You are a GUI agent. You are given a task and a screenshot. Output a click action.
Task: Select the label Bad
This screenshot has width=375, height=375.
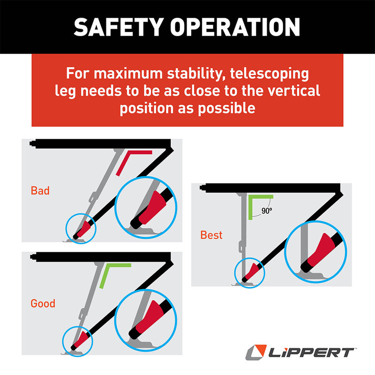[x=40, y=191]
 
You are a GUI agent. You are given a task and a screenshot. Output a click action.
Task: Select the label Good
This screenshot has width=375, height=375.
[x=43, y=304]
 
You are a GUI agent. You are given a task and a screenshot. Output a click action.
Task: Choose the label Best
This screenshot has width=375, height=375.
[x=211, y=234]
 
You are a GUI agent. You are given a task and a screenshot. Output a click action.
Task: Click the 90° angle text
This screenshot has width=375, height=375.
[x=267, y=211]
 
